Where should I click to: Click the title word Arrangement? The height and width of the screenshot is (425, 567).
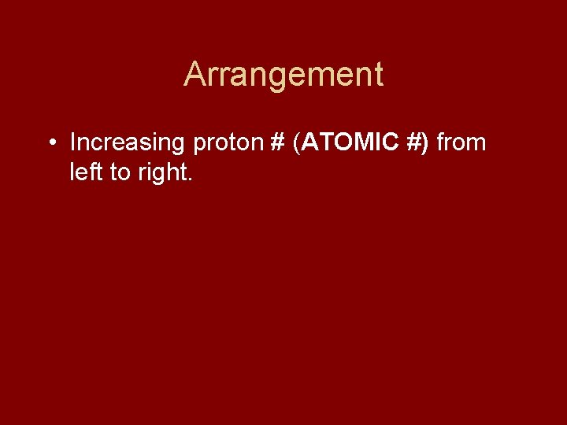point(283,75)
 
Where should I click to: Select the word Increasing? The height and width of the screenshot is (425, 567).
point(127,143)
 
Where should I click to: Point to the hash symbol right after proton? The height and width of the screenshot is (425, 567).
point(276,143)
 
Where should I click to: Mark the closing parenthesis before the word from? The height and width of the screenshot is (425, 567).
point(426,143)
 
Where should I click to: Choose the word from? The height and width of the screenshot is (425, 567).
point(461,143)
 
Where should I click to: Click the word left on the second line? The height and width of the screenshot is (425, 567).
point(86,172)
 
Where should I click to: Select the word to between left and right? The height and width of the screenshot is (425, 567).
point(120,172)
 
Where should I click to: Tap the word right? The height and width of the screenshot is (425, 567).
point(161,172)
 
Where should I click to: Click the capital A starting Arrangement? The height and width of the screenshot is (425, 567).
point(195,75)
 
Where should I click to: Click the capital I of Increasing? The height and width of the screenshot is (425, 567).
point(73,143)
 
